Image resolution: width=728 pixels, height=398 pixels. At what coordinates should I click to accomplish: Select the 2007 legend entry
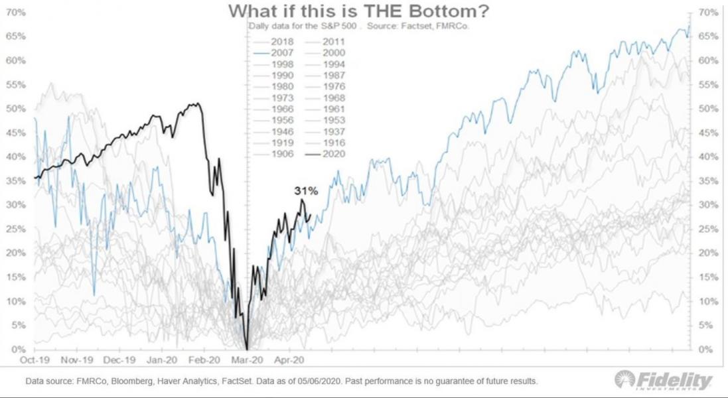(283, 52)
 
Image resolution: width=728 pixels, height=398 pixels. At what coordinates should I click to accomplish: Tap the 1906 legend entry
(283, 155)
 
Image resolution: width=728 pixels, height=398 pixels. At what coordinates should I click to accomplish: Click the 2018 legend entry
(283, 41)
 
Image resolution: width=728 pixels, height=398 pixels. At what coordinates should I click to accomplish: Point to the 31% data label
(306, 191)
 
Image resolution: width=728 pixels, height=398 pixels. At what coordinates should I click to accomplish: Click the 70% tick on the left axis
(17, 13)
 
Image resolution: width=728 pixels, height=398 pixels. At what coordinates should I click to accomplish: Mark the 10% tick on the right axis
(709, 301)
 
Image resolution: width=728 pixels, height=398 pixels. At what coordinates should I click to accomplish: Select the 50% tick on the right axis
(709, 109)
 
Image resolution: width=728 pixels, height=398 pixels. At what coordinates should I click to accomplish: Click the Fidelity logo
(664, 380)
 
